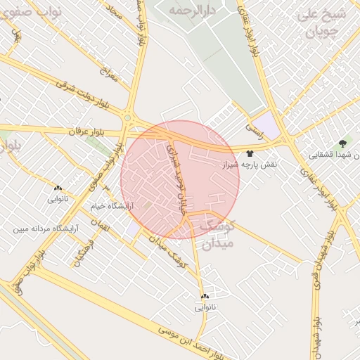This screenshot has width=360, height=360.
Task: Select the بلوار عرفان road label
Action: [86, 131]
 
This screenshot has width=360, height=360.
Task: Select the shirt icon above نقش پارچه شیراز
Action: [250, 153]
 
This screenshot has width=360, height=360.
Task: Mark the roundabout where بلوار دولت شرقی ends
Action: [128, 117]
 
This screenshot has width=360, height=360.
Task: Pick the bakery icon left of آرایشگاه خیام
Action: [58, 188]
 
